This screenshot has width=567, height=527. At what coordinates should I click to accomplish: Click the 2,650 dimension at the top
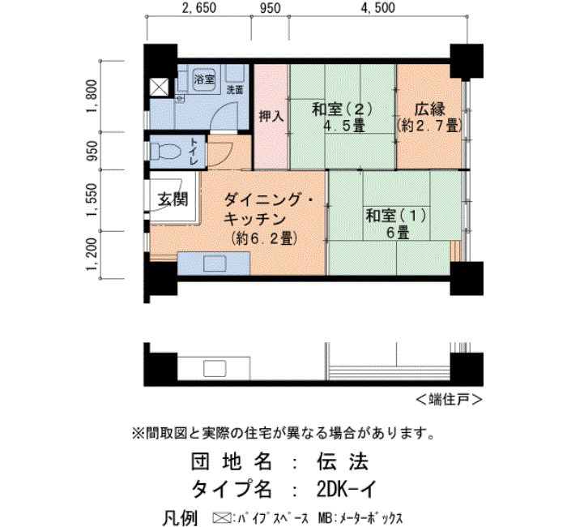tap(199, 7)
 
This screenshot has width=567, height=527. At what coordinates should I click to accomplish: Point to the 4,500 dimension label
tap(378, 7)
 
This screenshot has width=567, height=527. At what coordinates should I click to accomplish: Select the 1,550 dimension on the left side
tap(92, 200)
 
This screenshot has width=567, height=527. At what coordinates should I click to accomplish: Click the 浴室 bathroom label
tap(204, 79)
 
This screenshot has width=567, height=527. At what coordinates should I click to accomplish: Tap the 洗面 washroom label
tap(235, 90)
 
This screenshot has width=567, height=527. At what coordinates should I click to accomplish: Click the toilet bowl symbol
tap(165, 152)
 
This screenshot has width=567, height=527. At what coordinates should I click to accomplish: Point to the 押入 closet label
tap(271, 117)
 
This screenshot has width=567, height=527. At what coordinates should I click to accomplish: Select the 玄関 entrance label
tap(173, 199)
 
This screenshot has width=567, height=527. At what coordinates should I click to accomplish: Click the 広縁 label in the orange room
tap(429, 109)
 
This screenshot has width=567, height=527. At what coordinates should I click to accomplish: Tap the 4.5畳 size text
tap(344, 126)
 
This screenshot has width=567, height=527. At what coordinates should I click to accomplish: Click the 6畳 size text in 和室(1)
tap(398, 232)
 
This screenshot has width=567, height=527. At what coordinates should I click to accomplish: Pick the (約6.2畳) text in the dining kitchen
tap(265, 238)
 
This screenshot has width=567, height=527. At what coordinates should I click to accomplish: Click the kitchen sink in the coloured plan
tap(215, 263)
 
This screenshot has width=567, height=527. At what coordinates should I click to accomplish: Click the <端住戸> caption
tap(449, 400)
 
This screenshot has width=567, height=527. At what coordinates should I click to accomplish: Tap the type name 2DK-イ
tap(346, 490)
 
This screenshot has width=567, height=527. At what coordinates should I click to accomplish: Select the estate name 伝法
tap(343, 462)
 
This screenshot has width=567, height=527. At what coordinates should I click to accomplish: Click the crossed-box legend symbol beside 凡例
tap(220, 518)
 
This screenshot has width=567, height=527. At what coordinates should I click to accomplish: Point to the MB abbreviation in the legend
tap(324, 518)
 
